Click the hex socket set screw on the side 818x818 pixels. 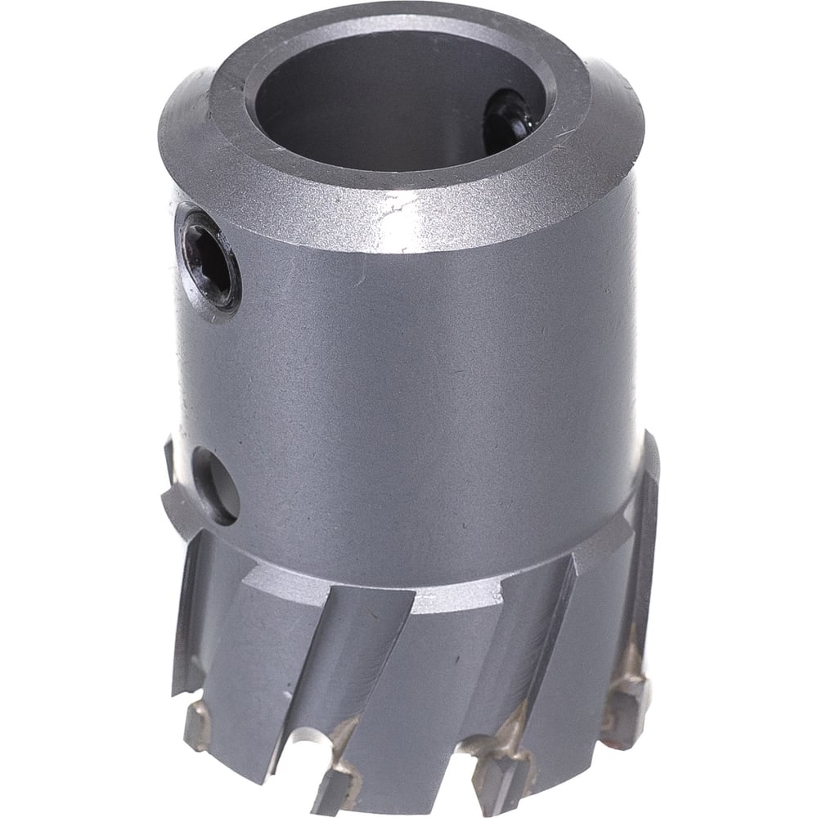211,263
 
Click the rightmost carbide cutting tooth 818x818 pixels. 622,703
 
